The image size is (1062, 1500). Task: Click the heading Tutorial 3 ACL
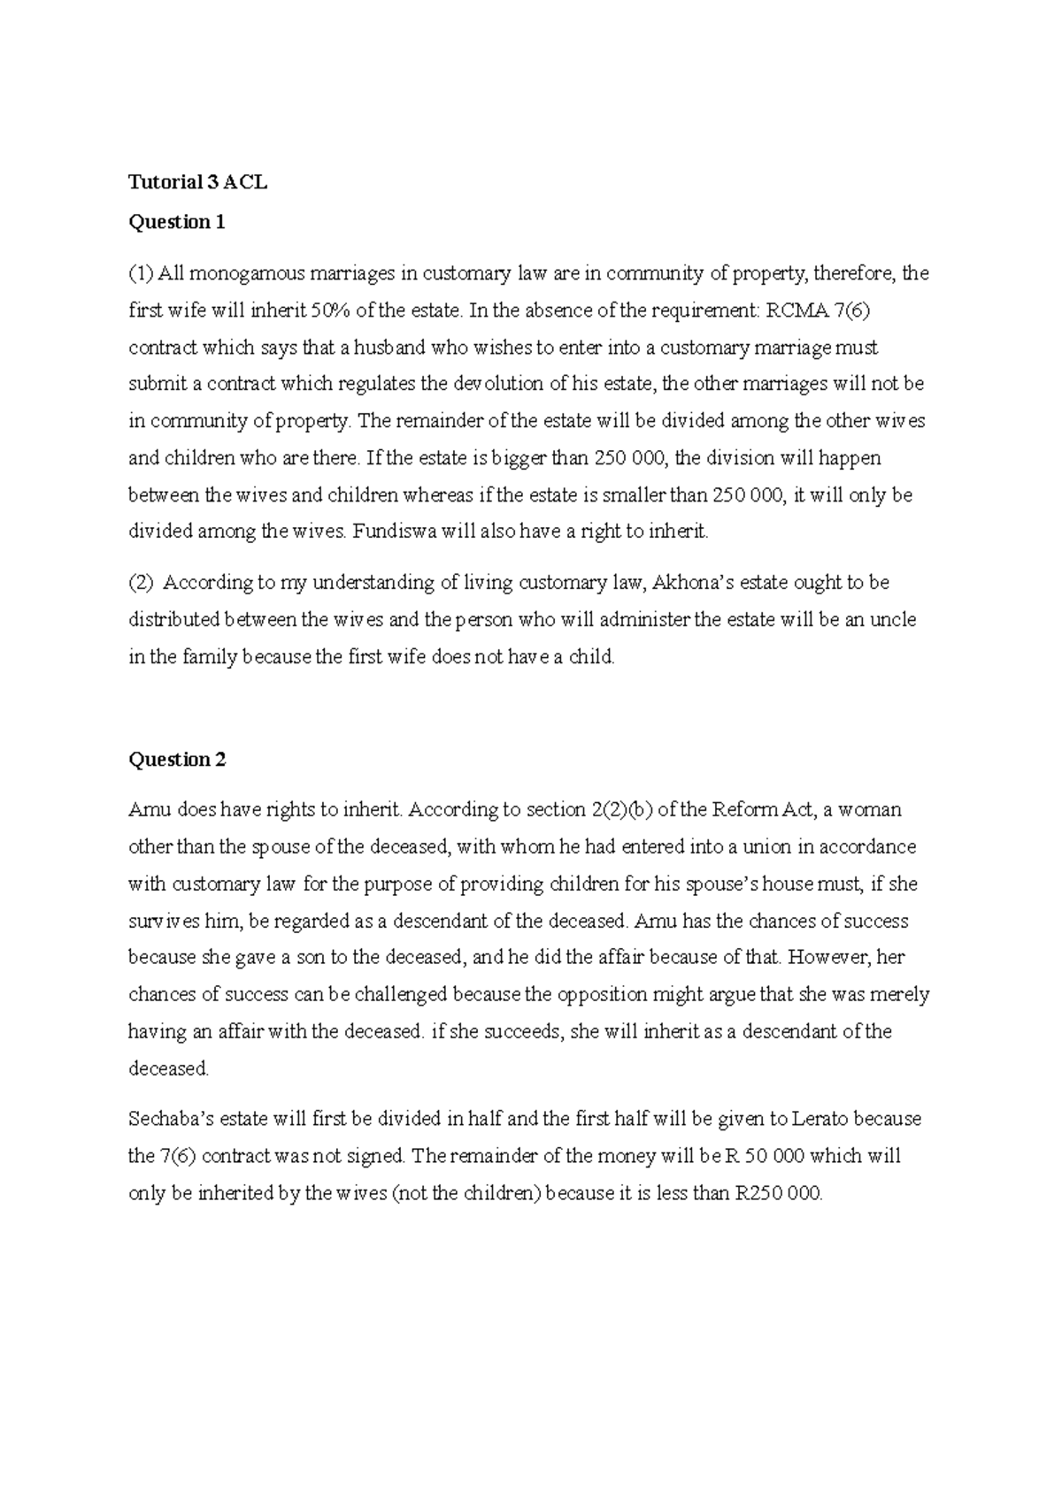pos(197,183)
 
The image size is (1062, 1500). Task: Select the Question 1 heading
pos(177,222)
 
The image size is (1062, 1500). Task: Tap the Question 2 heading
pos(177,760)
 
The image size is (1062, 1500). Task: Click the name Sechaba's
pos(168,1120)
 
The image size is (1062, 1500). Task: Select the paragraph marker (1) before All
pos(141,273)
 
